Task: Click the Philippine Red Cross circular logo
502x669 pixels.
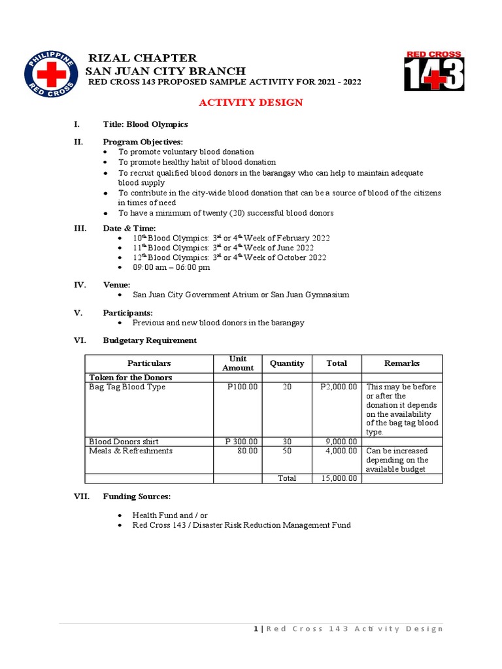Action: pyautogui.click(x=51, y=74)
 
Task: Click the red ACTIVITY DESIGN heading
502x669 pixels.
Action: pyautogui.click(x=250, y=103)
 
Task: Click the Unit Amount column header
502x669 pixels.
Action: pyautogui.click(x=237, y=363)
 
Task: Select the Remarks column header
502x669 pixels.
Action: pyautogui.click(x=401, y=363)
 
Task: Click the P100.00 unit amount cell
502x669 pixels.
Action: pyautogui.click(x=243, y=387)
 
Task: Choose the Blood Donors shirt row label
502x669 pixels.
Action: pyautogui.click(x=124, y=442)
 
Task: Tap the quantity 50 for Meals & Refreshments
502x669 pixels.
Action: pyautogui.click(x=286, y=451)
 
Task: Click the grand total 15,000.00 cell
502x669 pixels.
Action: pyautogui.click(x=339, y=478)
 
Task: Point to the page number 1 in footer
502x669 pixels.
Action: pyautogui.click(x=256, y=628)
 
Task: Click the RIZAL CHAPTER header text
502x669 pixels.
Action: pyautogui.click(x=142, y=58)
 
